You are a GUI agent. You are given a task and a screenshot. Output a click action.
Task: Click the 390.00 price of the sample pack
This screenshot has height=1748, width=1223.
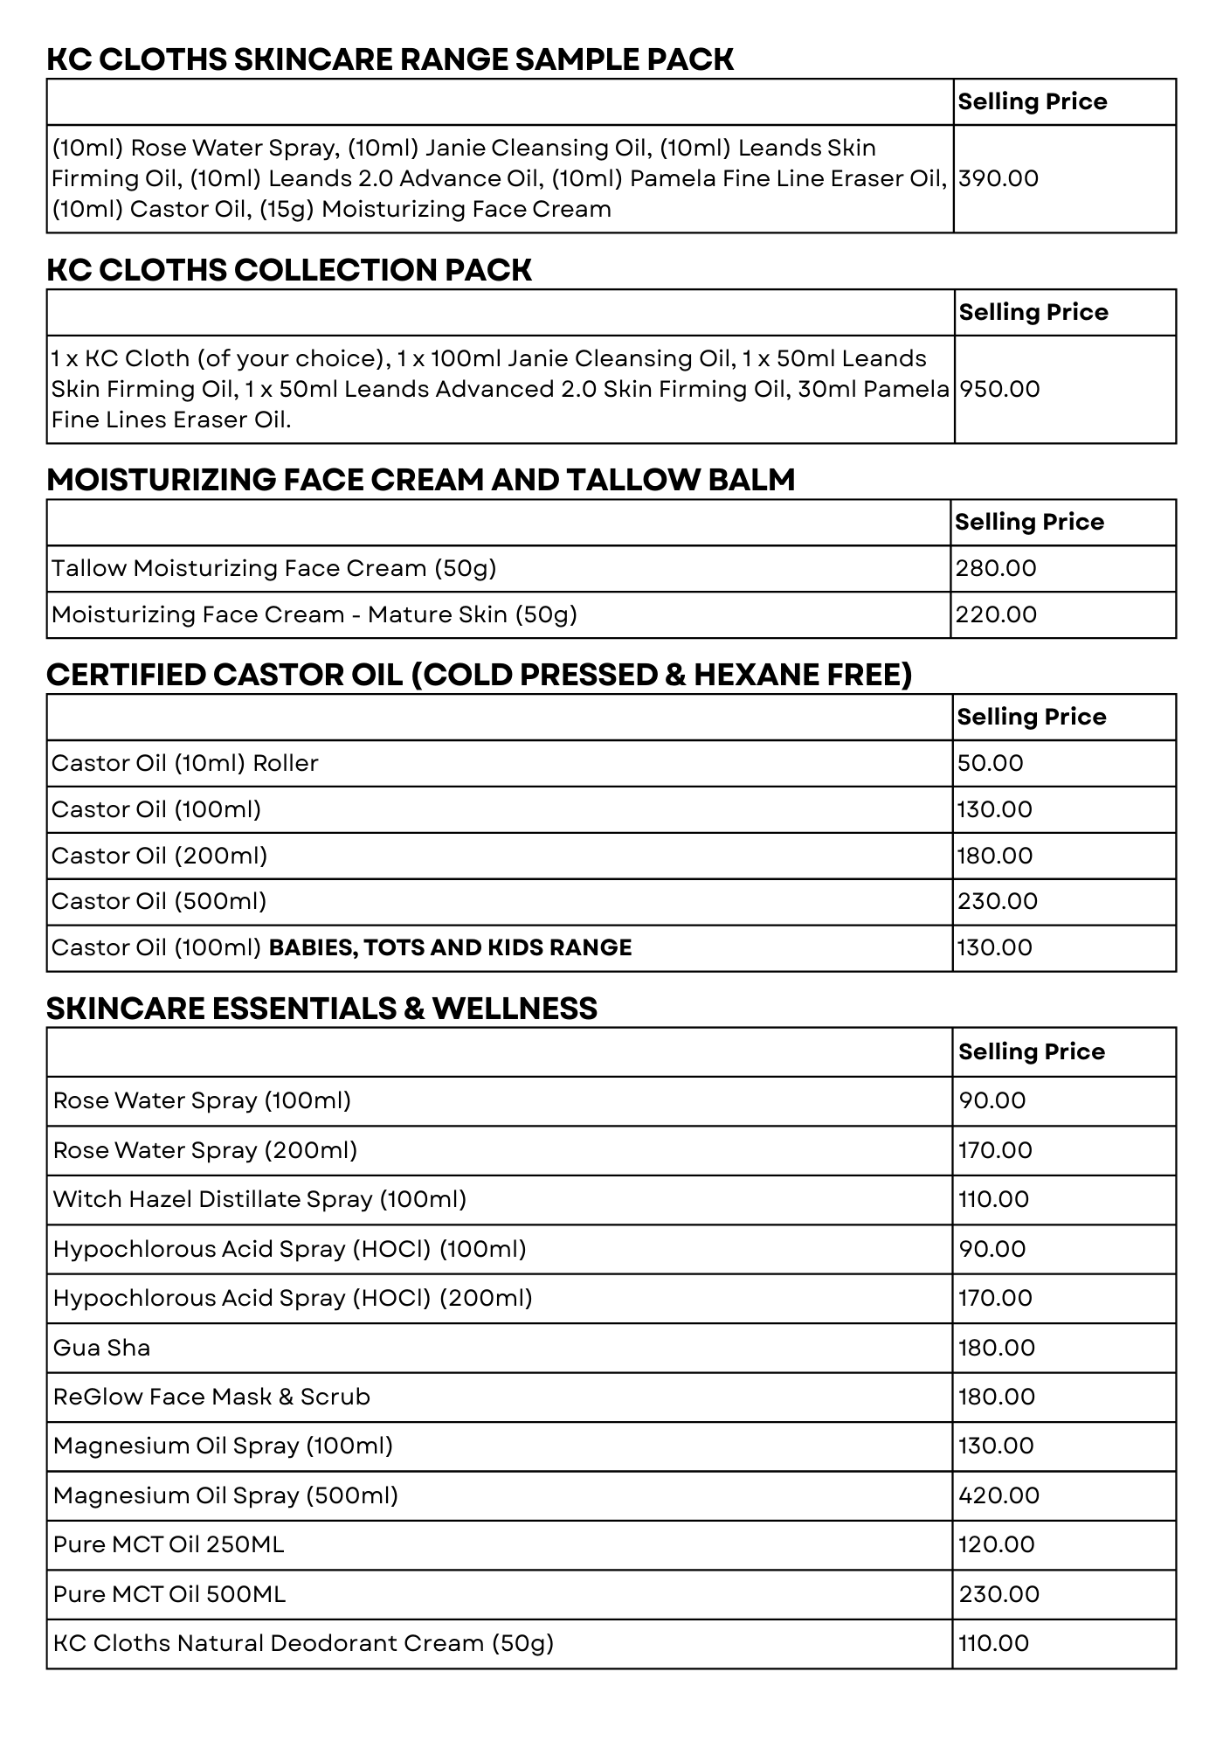[998, 178]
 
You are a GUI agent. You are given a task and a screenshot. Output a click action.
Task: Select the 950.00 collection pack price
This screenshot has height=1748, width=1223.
[999, 389]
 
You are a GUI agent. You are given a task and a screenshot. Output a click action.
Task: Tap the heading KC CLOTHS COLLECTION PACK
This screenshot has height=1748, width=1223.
[288, 270]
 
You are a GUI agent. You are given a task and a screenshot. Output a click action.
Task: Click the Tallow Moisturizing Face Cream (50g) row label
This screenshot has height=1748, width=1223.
[273, 568]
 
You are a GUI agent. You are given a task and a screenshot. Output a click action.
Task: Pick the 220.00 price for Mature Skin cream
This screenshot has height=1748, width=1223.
[996, 614]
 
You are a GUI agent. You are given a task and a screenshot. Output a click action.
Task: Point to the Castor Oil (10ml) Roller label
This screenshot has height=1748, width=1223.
[184, 763]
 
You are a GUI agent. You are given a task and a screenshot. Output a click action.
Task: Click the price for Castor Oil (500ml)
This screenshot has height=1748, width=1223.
[997, 901]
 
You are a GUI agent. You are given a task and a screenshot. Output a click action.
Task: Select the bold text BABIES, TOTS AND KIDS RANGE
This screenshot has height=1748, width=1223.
[450, 947]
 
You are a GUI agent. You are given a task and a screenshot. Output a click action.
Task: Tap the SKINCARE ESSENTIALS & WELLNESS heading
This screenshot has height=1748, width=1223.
[321, 1009]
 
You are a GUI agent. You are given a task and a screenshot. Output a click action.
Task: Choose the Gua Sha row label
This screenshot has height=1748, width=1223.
[101, 1348]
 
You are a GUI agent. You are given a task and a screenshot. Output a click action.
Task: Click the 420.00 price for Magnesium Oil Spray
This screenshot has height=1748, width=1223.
[998, 1495]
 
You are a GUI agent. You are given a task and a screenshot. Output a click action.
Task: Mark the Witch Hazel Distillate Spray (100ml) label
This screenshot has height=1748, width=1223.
[259, 1199]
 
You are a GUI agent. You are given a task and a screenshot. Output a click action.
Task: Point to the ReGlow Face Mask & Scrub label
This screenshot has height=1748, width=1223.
[211, 1397]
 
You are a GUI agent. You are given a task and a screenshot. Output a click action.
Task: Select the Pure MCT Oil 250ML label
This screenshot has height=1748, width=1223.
[169, 1544]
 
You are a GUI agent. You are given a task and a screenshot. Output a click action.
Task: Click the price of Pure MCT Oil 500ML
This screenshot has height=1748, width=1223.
[998, 1594]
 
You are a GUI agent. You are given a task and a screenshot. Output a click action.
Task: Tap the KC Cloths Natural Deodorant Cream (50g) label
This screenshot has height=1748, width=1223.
[303, 1643]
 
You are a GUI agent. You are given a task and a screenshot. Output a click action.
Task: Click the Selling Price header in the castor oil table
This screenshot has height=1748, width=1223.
[1031, 717]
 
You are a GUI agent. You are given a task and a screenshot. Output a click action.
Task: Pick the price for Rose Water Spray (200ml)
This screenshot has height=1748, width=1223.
[995, 1150]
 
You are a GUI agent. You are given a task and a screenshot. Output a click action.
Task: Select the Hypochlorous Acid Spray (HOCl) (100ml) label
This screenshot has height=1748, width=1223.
[289, 1249]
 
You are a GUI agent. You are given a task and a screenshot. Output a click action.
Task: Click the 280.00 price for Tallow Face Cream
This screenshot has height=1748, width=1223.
[996, 568]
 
